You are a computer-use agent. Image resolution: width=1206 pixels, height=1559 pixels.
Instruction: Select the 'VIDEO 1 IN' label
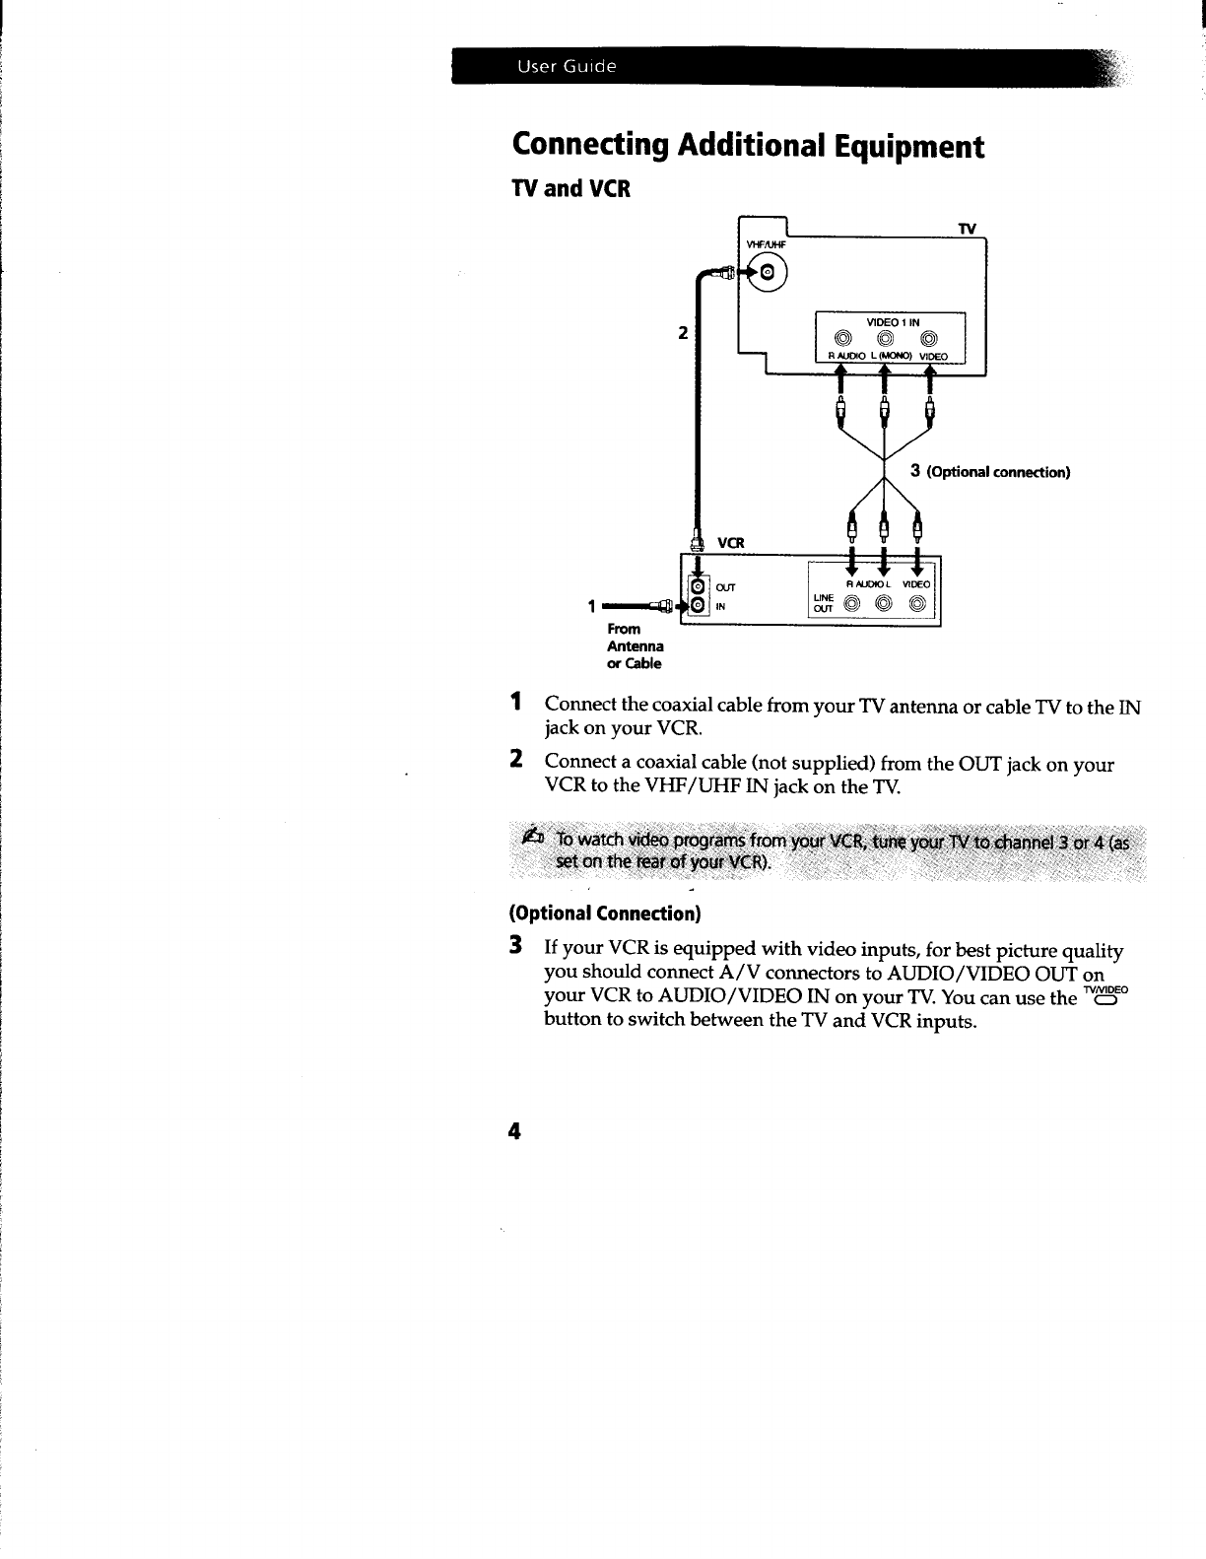click(892, 321)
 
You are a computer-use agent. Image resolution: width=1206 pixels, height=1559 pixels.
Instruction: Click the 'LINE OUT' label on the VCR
click(823, 603)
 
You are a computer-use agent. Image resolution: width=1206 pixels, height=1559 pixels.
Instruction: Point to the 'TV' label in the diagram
click(967, 229)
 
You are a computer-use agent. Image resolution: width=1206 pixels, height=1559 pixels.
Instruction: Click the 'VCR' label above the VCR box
click(730, 543)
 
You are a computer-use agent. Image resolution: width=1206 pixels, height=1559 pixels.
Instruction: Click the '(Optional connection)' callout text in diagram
click(997, 472)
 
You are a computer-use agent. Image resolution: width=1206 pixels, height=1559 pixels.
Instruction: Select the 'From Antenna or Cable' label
click(635, 645)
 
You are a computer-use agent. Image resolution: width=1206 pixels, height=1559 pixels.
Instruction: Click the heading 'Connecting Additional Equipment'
click(748, 146)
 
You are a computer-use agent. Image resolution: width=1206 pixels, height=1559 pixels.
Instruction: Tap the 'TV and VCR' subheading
click(570, 188)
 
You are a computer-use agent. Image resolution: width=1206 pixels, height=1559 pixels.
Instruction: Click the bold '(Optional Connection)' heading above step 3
click(604, 914)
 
